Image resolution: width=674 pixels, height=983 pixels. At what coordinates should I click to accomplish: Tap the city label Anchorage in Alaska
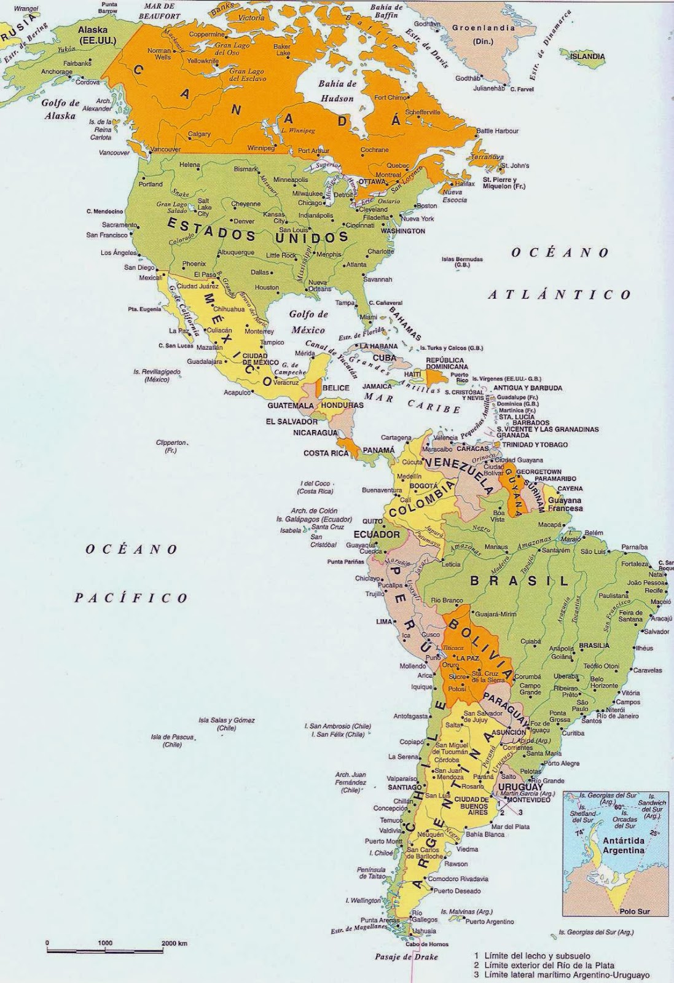57,72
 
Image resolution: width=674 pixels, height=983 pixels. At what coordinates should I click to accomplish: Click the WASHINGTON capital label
402,231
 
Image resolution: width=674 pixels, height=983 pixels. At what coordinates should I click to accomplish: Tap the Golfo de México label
309,321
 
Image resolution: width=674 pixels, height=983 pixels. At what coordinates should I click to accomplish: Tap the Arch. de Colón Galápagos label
315,514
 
